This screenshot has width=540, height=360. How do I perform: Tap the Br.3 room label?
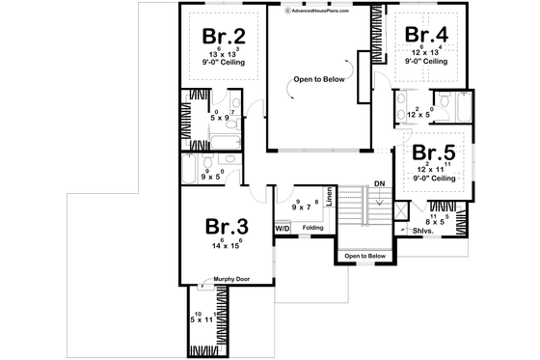(x=228, y=227)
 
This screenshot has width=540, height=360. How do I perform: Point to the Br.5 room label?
(x=434, y=152)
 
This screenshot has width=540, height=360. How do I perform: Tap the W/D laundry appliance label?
(x=283, y=228)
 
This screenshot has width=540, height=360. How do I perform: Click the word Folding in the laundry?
(x=312, y=228)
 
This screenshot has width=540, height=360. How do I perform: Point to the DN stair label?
(x=380, y=182)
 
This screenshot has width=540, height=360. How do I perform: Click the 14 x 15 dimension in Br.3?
(x=228, y=246)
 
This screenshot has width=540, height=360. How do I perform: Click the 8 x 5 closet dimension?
(x=436, y=221)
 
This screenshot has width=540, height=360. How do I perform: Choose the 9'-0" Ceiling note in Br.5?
(x=435, y=178)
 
